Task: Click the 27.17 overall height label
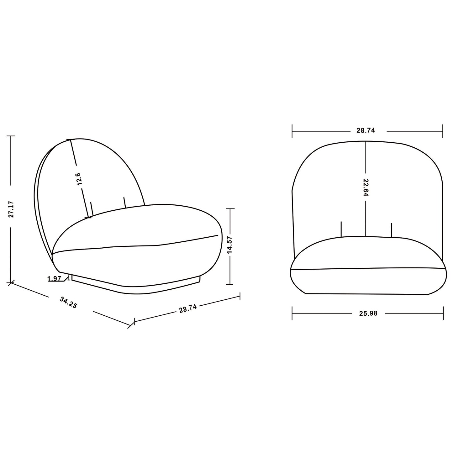[x=11, y=209]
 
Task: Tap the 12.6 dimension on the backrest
[x=79, y=179]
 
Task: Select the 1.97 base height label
[x=54, y=279]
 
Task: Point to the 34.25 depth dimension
[x=68, y=303]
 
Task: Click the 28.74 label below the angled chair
[x=188, y=308]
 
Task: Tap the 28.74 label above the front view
[x=366, y=130]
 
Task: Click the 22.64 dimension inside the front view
[x=366, y=187]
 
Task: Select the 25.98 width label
[x=368, y=313]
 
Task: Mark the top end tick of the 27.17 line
[x=11, y=136]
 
